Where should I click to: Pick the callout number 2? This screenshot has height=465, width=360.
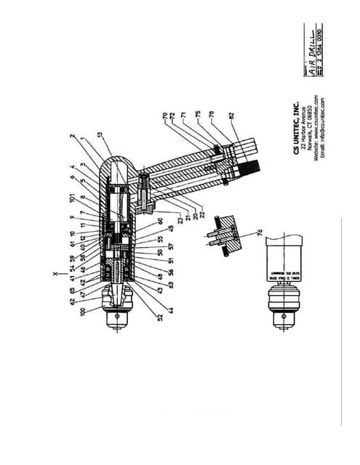[71, 135]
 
